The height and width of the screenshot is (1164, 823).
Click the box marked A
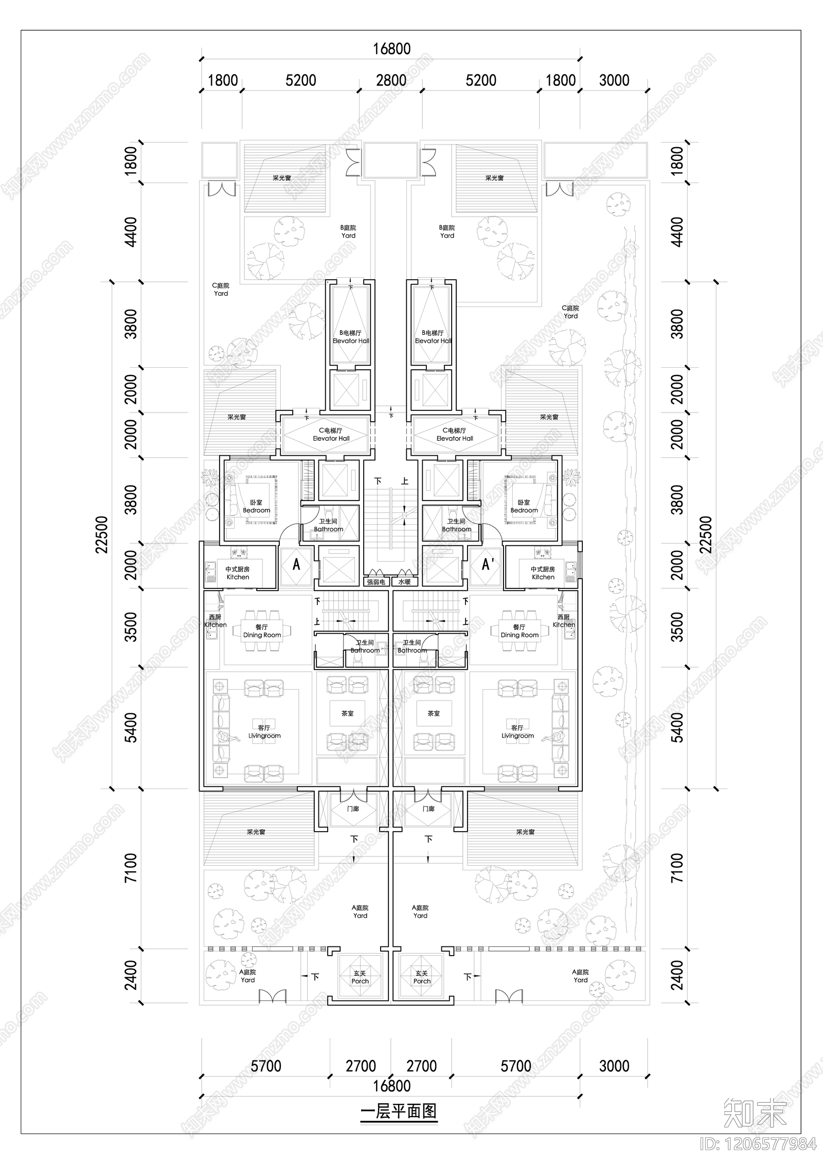pos(296,565)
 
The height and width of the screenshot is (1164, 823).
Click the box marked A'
pos(487,565)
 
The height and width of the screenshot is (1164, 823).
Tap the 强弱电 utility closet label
pos(375,582)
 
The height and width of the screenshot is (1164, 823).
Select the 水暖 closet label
pos(404,582)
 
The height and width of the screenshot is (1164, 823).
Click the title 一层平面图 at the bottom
pos(399,1111)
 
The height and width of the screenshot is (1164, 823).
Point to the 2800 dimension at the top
pos(391,80)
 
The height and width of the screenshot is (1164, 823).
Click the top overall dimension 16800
pos(391,49)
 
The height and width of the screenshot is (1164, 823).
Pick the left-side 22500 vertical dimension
pos(102,534)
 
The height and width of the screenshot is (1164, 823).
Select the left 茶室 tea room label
pos(347,713)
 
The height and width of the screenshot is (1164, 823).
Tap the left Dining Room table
pos(262,631)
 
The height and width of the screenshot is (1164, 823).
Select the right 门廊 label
pos(428,809)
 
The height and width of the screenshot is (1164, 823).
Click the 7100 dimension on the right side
pos(677,868)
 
